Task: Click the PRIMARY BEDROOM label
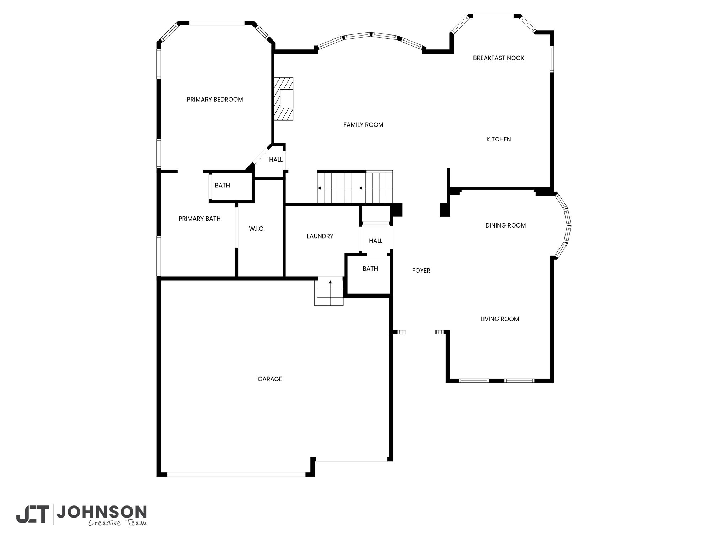click(215, 100)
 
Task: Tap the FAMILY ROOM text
click(363, 125)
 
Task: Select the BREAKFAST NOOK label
click(498, 58)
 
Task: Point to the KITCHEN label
click(499, 139)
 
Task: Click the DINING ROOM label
click(505, 225)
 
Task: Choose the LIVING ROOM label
click(499, 319)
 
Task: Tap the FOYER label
click(421, 271)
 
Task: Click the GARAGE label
click(270, 379)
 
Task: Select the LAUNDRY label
click(320, 236)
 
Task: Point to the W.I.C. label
click(257, 229)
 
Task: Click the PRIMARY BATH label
click(199, 219)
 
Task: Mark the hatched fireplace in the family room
click(284, 99)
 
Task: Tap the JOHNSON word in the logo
click(102, 512)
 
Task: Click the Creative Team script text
click(117, 523)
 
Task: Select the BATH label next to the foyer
click(370, 269)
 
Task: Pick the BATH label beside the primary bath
click(222, 186)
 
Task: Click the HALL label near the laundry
click(375, 241)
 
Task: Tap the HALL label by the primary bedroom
click(276, 160)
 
